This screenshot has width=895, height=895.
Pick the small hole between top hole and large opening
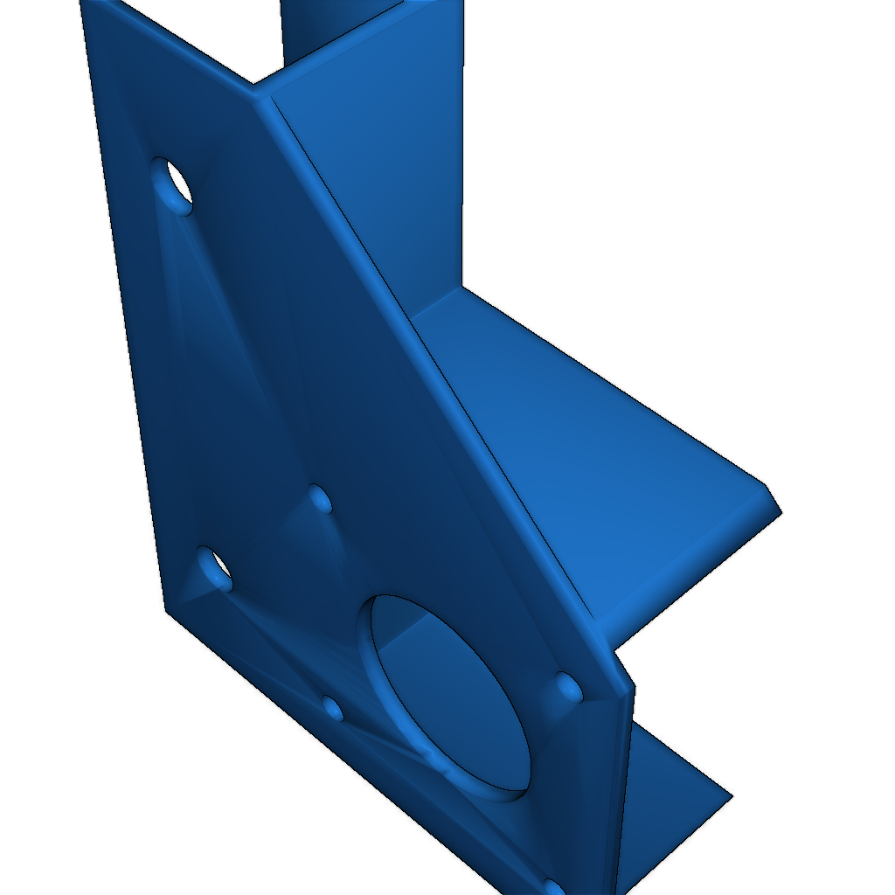click(320, 499)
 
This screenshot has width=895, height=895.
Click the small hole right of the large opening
click(569, 688)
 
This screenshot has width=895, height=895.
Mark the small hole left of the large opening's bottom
click(333, 707)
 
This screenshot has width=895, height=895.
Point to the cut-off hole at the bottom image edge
click(554, 888)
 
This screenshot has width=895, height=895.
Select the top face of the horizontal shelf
click(594, 437)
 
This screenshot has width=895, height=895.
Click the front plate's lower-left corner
click(166, 607)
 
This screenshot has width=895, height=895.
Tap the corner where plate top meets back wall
click(255, 86)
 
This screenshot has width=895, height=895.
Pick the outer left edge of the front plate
click(122, 306)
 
